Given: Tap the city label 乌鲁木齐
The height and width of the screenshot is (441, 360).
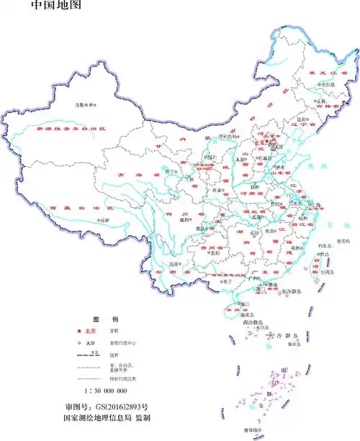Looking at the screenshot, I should point(86,105).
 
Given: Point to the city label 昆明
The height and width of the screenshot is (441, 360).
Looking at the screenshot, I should point(173,264).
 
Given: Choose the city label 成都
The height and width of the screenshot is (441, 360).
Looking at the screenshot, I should point(184,219).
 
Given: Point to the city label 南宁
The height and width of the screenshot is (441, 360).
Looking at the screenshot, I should point(208,281).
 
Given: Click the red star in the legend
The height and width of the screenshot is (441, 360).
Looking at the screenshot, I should point(79,331).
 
